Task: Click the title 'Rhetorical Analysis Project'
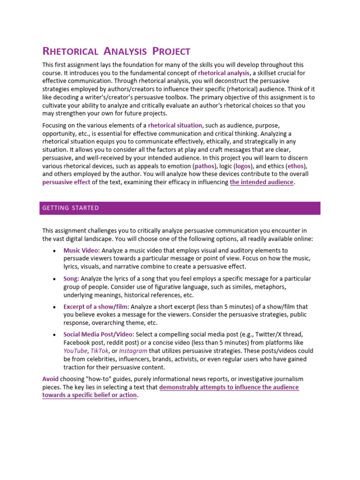pyautogui.click(x=116, y=51)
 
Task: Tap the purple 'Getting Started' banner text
pyautogui.click(x=70, y=208)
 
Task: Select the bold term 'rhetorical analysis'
pyautogui.click(x=224, y=73)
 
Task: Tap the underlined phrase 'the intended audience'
pyautogui.click(x=262, y=182)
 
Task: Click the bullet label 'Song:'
pyautogui.click(x=71, y=278)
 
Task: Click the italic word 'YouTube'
pyautogui.click(x=75, y=351)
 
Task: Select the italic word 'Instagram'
pyautogui.click(x=134, y=351)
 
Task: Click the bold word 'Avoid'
pyautogui.click(x=50, y=378)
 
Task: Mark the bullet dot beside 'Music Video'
pyautogui.click(x=54, y=251)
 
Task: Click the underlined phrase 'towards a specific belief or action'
pyautogui.click(x=90, y=395)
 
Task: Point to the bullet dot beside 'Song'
pyautogui.click(x=54, y=279)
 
